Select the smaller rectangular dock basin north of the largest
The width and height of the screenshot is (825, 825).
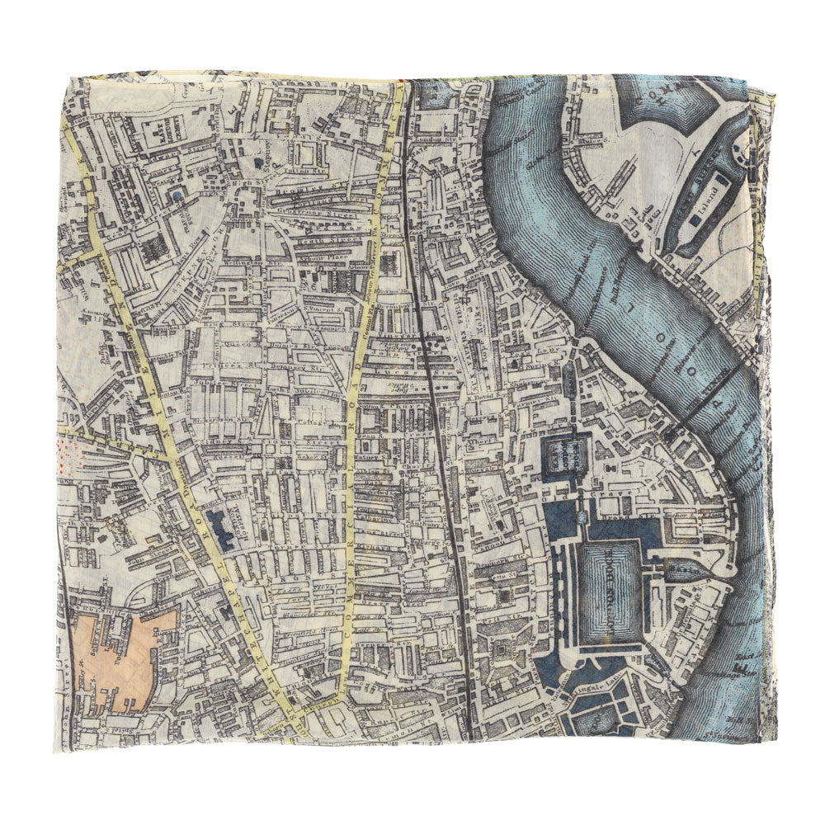(x=566, y=453)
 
